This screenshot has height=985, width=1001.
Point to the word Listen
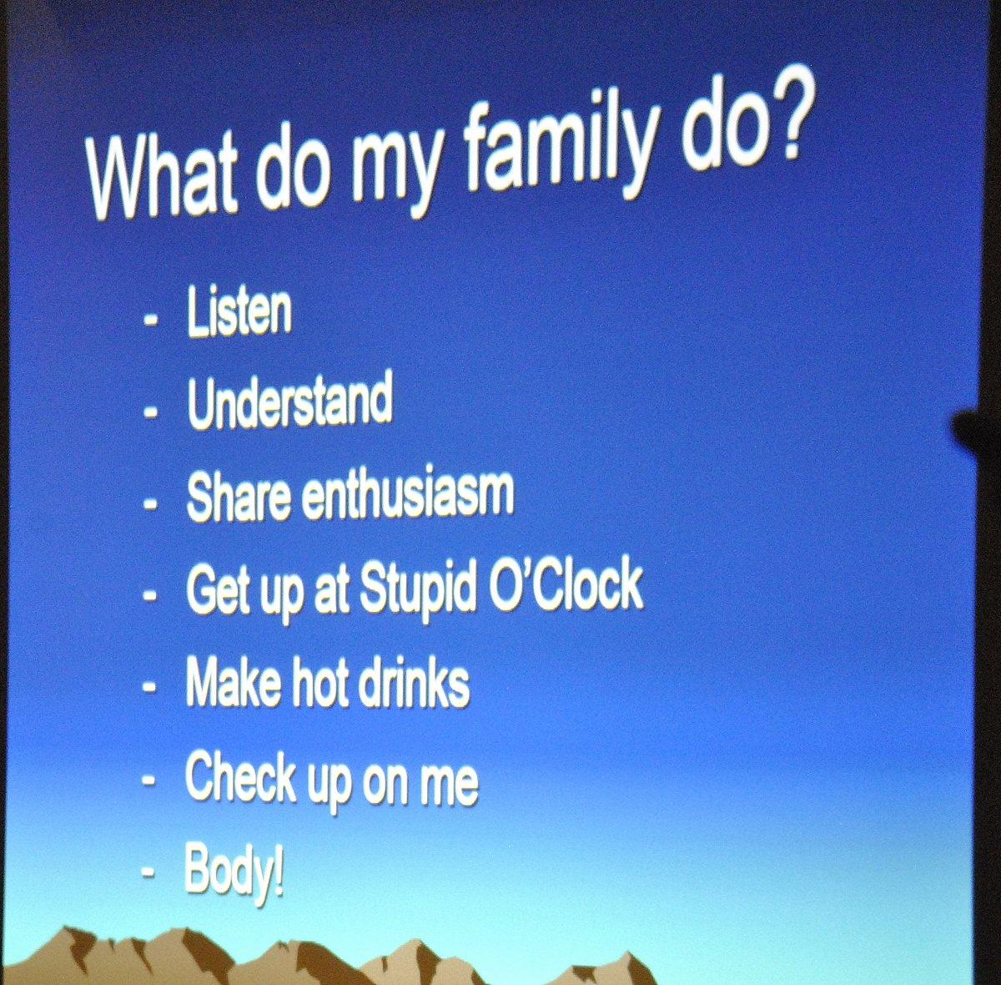239,312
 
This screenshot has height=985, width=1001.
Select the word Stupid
417,589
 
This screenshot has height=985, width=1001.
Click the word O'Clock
565,586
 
